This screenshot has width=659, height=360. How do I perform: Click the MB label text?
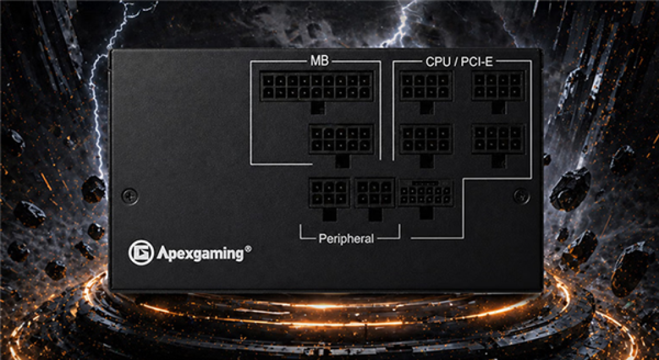(319, 62)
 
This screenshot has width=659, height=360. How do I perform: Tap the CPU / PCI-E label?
(459, 62)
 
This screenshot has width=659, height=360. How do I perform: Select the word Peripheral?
(346, 239)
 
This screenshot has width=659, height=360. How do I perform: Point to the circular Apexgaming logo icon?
(141, 253)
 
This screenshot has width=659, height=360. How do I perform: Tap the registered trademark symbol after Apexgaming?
(248, 249)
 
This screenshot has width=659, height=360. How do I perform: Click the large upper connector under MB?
(317, 86)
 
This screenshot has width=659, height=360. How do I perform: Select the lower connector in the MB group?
(341, 139)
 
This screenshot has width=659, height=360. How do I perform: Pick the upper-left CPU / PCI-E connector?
(426, 86)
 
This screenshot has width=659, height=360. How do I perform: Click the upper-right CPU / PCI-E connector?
(498, 86)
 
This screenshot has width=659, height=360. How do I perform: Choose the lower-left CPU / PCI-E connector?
(426, 139)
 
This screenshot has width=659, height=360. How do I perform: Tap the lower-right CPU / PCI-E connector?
(498, 139)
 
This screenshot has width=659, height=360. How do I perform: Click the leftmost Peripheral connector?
(329, 192)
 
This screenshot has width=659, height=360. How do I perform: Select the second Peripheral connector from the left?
(375, 192)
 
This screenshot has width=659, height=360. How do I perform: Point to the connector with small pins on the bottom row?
(425, 193)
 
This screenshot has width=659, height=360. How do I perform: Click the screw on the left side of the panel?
(129, 195)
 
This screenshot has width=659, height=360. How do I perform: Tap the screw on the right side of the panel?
(521, 196)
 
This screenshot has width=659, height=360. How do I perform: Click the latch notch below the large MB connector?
(317, 107)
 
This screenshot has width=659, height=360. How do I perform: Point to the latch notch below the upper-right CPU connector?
(498, 107)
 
